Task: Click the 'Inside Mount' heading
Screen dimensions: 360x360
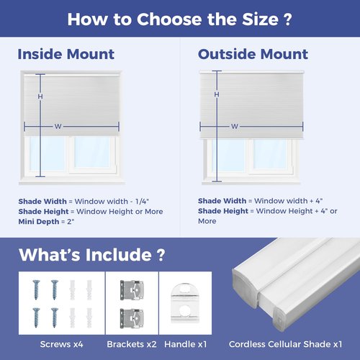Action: tap(66, 54)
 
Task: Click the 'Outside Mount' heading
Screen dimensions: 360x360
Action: tap(243, 54)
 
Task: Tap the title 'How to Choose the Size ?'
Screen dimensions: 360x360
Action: tap(179, 19)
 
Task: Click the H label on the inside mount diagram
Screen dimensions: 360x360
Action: tap(40, 96)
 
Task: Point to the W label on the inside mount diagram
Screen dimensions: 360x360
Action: tap(58, 127)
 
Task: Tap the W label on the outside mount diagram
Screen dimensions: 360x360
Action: tap(235, 127)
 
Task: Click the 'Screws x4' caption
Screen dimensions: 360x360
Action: tap(63, 344)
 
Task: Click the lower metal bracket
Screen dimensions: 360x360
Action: tap(131, 315)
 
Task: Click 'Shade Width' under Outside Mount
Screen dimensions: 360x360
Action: tap(222, 201)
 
